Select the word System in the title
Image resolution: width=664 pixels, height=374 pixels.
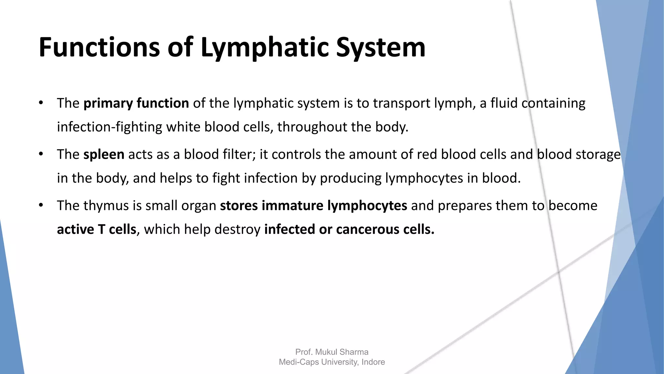381,48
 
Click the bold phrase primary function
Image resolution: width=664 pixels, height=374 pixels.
136,103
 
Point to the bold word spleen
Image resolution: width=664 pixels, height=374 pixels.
104,155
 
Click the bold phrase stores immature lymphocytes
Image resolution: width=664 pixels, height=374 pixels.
314,206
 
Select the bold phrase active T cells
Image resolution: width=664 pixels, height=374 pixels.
97,230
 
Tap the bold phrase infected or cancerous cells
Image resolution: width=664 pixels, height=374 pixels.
349,230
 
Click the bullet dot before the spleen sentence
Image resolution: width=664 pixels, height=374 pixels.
41,154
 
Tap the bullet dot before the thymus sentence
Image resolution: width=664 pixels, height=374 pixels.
41,205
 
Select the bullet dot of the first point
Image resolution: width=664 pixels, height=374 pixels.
41,103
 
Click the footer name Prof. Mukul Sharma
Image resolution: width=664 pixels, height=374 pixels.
332,352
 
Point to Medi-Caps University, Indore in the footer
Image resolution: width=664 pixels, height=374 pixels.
332,362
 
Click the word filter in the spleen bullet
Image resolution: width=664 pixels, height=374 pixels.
239,155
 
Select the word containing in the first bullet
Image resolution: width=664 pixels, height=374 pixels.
553,103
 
